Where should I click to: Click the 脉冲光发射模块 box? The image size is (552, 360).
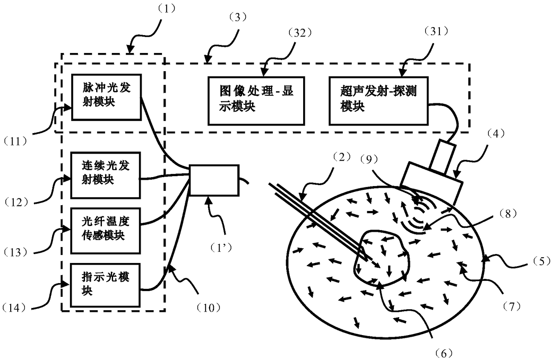106,97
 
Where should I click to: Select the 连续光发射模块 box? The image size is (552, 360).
106,175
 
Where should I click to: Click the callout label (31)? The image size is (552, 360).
414,33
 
